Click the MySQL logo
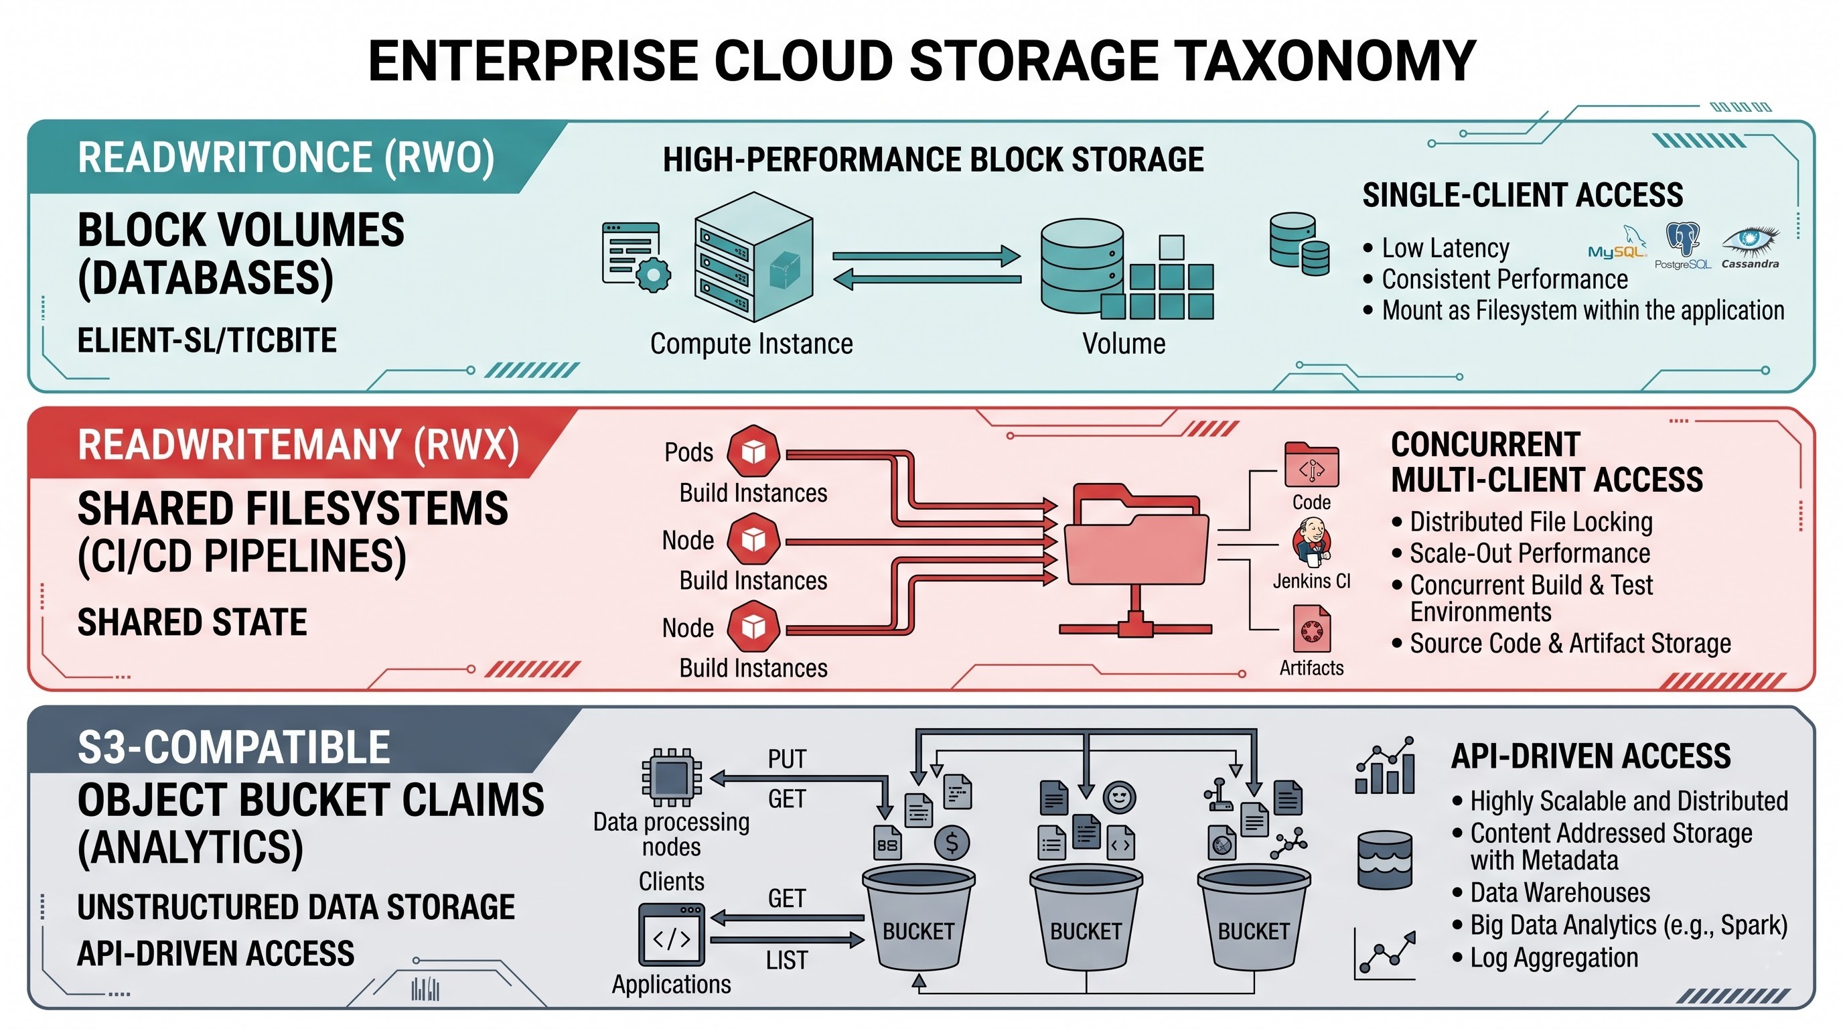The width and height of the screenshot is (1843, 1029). (1617, 243)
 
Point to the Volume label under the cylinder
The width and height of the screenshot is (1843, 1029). (1124, 344)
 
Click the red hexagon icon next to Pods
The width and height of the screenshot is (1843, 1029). (753, 451)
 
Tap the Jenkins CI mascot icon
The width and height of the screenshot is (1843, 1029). (1311, 542)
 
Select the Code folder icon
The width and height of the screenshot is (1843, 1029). (1311, 464)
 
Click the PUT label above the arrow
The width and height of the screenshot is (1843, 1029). (787, 758)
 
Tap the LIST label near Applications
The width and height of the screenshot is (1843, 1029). (787, 960)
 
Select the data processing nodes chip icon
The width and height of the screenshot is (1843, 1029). (671, 778)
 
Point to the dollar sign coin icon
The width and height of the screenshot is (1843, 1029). (952, 843)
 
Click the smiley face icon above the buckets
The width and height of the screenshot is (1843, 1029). (1120, 797)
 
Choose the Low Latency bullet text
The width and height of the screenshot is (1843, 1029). (1445, 249)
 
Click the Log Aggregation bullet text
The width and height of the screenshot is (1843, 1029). (1554, 957)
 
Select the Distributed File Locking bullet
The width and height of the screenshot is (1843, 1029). (1531, 522)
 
